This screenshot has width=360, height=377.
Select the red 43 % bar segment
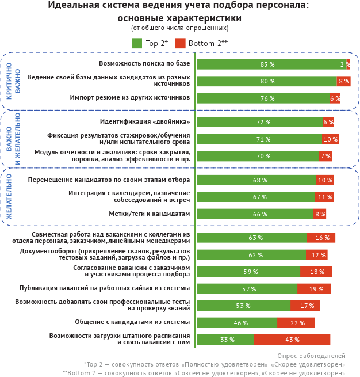292,340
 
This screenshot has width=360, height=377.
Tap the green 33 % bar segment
225,340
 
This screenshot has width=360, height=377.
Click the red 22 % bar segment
296,322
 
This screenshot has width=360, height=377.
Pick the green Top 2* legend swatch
137,43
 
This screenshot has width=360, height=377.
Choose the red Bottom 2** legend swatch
180,43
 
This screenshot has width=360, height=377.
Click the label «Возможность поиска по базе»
144,63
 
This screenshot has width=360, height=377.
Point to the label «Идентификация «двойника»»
145,121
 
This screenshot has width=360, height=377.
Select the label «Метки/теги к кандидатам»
150,214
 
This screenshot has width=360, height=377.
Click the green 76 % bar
263,98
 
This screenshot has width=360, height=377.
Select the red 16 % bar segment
321,238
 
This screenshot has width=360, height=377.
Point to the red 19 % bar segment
315,288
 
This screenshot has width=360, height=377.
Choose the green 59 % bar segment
248,272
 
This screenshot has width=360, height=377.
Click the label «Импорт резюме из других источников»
130,98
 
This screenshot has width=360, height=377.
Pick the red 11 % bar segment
324,197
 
